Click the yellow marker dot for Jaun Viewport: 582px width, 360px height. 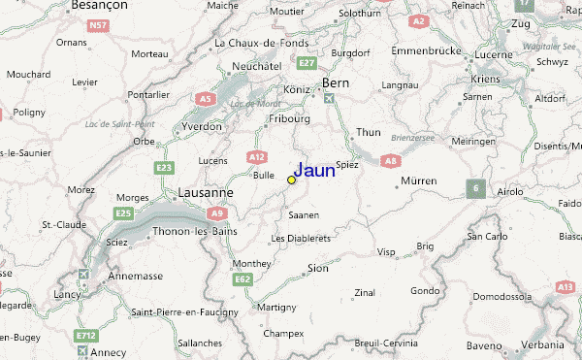291,180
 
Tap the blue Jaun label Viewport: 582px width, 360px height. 314,170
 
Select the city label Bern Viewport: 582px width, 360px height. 335,83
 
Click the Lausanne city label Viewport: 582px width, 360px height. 205,193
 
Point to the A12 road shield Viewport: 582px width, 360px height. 256,155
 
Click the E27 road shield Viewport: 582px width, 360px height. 307,63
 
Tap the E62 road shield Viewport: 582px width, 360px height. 243,279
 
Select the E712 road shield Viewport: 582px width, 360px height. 87,336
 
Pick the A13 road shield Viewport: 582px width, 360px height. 566,286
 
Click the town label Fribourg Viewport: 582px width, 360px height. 289,119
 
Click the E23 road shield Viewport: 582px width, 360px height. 164,168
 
